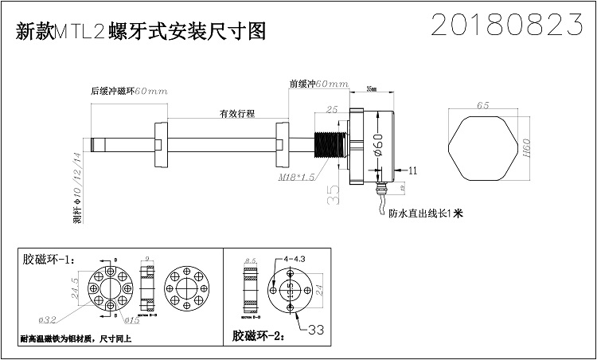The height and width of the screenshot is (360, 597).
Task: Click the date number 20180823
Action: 506,27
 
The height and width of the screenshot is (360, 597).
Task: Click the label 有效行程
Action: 236,114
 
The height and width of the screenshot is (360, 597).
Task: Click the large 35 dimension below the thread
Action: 334,194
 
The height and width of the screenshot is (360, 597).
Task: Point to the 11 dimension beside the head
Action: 412,170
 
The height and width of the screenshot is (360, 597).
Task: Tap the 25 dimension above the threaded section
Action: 333,109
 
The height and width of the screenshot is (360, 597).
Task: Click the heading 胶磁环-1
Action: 49,260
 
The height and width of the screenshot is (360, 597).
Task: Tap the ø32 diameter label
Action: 47,319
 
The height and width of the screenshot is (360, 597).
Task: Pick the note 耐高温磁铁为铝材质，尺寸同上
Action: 76,340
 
